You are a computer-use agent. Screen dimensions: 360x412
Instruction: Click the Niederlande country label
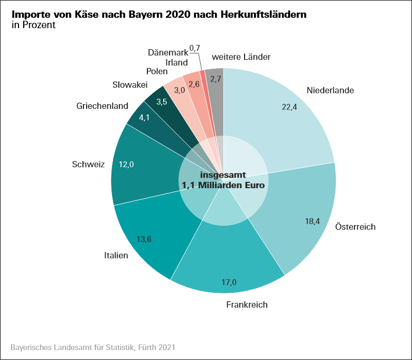pyautogui.click(x=330, y=90)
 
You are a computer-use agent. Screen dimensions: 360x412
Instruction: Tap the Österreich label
pyautogui.click(x=355, y=227)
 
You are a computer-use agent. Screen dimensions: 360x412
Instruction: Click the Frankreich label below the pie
pyautogui.click(x=247, y=304)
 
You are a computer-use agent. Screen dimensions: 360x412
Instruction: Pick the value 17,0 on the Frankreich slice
pyautogui.click(x=229, y=282)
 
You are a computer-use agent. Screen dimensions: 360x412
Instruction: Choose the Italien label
pyautogui.click(x=116, y=256)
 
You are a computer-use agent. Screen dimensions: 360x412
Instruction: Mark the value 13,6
pyautogui.click(x=144, y=239)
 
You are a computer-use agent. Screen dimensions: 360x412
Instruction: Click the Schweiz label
pyautogui.click(x=89, y=164)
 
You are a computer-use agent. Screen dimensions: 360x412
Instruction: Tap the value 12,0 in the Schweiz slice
pyautogui.click(x=126, y=164)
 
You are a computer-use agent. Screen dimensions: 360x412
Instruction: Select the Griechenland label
pyautogui.click(x=102, y=106)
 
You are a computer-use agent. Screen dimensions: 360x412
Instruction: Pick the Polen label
pyautogui.click(x=157, y=71)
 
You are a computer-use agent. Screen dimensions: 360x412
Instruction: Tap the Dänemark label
pyautogui.click(x=167, y=52)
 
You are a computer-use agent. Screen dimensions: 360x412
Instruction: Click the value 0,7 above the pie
pyautogui.click(x=194, y=48)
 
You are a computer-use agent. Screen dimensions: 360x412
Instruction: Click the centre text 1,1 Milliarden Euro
pyautogui.click(x=223, y=186)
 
